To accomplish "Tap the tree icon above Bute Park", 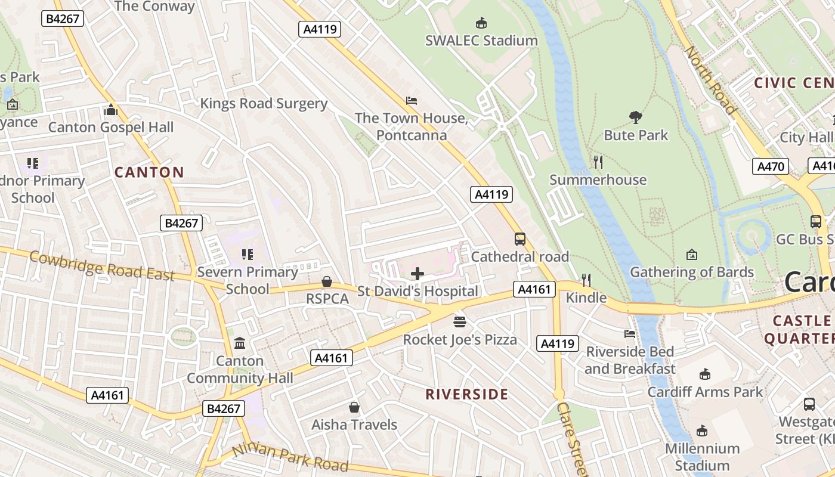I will [635, 117].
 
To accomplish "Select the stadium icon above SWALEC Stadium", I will [481, 23].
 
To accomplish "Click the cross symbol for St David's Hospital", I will [417, 274].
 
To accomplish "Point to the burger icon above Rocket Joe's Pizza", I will [459, 322].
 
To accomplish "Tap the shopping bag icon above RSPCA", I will [327, 281].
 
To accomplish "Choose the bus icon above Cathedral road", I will [519, 239].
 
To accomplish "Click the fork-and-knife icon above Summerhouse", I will [598, 162].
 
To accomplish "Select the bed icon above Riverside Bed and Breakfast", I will [630, 334].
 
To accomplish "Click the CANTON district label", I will [149, 173].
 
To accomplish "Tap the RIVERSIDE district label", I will [467, 394].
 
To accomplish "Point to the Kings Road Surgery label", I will [264, 103].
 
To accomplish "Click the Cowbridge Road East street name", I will [101, 266].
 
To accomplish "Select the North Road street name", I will [709, 80].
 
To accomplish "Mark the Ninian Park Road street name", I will [290, 458].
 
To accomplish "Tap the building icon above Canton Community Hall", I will [240, 343].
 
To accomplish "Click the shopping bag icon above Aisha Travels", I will [354, 407].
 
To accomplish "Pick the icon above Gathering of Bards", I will [692, 255].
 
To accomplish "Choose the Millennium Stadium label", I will [702, 457].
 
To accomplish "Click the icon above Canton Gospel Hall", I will [111, 110].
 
